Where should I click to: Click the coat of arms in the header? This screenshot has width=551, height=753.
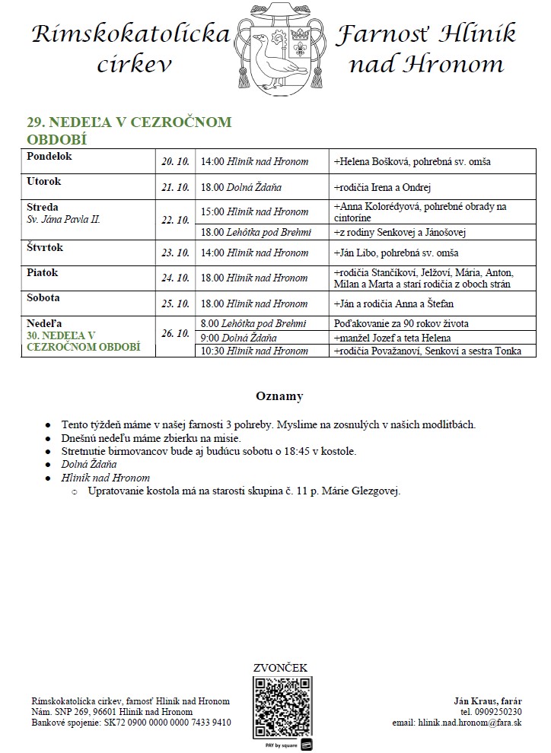(x=282, y=47)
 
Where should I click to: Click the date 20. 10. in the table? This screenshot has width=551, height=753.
(x=175, y=162)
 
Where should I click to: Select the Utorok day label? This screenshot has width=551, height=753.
(x=43, y=182)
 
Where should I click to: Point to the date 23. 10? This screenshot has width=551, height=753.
(x=175, y=253)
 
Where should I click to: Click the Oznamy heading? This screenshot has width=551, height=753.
(x=279, y=396)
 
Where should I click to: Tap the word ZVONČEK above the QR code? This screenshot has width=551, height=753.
(x=280, y=668)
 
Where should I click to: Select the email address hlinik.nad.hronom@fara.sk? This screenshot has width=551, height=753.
(x=457, y=723)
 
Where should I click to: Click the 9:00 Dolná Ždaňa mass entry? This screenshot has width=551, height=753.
(x=238, y=338)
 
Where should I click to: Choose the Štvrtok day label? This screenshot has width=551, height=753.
(x=44, y=248)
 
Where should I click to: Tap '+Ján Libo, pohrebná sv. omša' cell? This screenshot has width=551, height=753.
(x=396, y=253)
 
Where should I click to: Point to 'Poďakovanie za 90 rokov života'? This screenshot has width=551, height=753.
(x=401, y=324)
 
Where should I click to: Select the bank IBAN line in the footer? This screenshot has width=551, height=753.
(x=131, y=723)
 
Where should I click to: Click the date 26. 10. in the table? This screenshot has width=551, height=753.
(x=175, y=333)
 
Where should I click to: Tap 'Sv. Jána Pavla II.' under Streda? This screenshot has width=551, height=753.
(x=63, y=219)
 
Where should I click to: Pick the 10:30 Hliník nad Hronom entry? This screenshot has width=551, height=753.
(x=254, y=351)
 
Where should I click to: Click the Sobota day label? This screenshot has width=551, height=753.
(x=43, y=298)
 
